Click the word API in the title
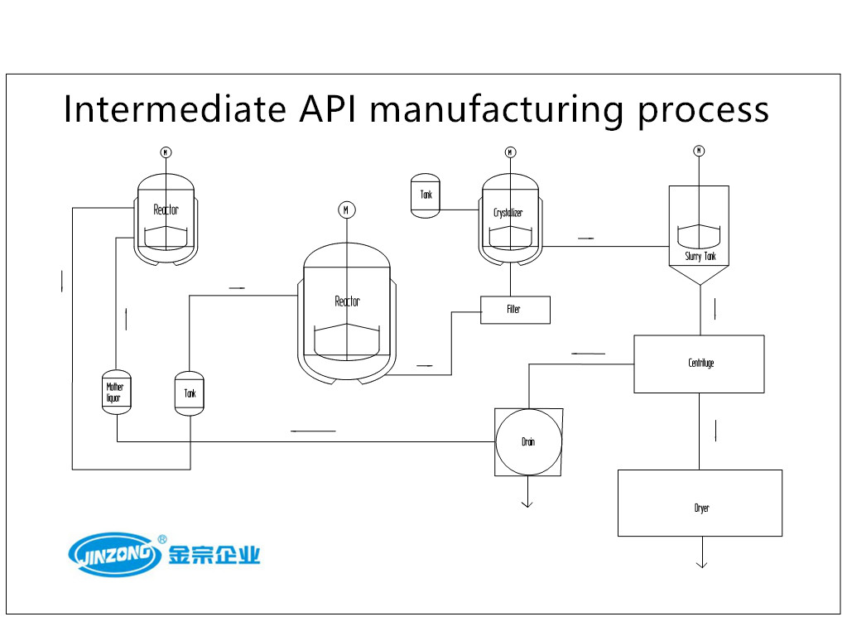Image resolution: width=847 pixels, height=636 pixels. (327, 109)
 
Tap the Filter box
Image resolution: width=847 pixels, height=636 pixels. (515, 310)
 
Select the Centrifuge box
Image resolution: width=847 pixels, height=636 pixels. (699, 364)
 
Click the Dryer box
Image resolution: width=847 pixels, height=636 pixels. (700, 503)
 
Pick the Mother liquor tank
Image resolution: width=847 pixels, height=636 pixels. (117, 393)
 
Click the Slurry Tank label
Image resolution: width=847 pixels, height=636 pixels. (700, 257)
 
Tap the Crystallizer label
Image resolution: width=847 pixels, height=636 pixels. (508, 212)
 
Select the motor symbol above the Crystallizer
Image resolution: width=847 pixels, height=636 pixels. (511, 152)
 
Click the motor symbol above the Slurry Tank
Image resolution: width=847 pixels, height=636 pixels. (699, 151)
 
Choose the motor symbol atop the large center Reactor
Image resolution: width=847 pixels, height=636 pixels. (347, 210)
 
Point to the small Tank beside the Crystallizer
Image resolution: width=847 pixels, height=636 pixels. (426, 195)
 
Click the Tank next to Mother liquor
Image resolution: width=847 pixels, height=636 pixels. (190, 393)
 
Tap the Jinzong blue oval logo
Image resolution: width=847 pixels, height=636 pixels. (114, 554)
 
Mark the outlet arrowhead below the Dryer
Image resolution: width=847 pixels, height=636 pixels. (701, 565)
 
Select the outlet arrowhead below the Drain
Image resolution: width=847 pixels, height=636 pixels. (527, 504)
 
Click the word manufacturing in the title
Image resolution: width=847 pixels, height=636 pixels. (497, 110)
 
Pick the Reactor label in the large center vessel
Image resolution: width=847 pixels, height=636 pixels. (348, 301)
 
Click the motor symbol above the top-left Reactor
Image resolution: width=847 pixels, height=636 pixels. (166, 152)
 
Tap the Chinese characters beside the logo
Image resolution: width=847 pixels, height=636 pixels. (214, 555)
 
